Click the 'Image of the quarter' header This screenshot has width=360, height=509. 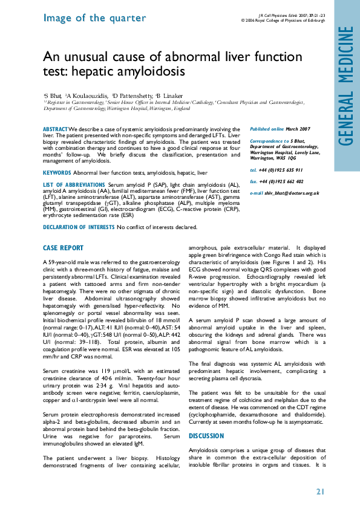point(86,18)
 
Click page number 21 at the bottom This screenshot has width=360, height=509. point(321,491)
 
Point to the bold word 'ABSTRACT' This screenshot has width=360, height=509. point(55,129)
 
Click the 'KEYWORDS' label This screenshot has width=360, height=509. point(57,173)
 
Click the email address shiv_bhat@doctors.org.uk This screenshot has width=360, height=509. point(284,192)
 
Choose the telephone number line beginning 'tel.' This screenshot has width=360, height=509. point(277,170)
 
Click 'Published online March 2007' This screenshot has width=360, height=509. point(280,129)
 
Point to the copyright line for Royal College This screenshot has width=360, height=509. point(283,20)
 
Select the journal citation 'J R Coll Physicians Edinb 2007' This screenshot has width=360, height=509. point(283,15)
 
